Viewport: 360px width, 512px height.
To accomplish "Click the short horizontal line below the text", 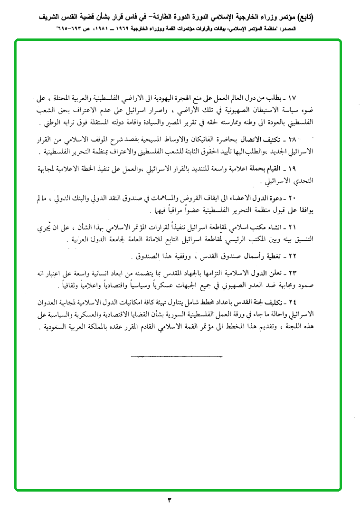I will point(176,356).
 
